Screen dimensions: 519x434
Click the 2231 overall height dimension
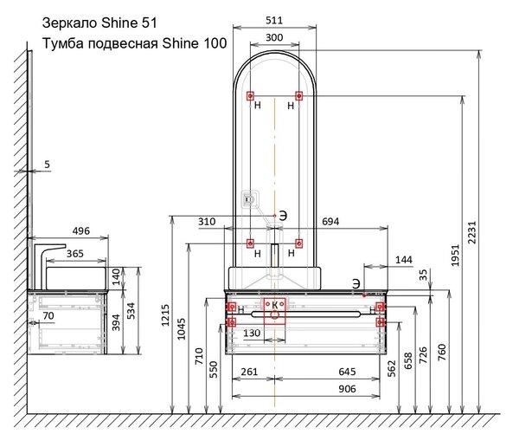click(x=472, y=232)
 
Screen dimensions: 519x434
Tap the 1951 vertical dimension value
click(x=456, y=256)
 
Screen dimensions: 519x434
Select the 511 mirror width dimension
click(x=274, y=21)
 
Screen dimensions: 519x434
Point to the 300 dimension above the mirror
click(x=274, y=37)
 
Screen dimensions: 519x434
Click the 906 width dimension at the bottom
click(x=347, y=389)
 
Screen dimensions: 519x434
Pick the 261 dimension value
click(x=249, y=372)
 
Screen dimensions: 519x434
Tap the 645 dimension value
click(x=347, y=372)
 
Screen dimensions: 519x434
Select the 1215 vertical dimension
click(x=165, y=315)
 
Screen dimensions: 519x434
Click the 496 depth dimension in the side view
click(x=80, y=230)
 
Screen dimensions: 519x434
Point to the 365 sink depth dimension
click(x=75, y=254)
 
